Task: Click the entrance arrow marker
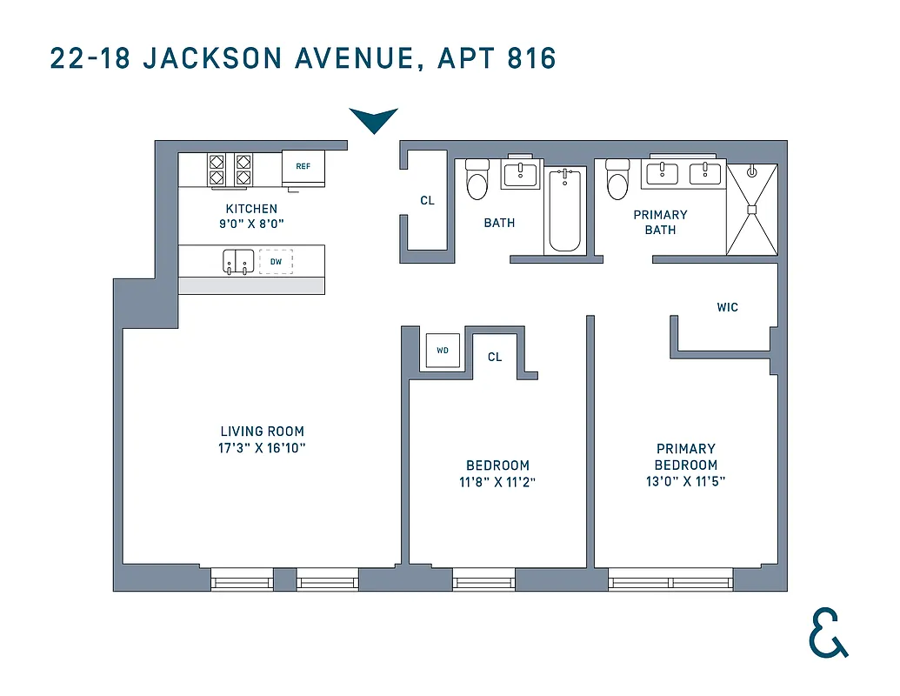coord(373,120)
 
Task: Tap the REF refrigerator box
coord(303,167)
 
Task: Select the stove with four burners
coord(229,171)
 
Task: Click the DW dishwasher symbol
coord(276,261)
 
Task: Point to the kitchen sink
coord(237,261)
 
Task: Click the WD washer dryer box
coord(443,351)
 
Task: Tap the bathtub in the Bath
coord(565,210)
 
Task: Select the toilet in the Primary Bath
coord(617,180)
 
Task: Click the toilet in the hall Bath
coord(477,180)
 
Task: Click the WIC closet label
coord(727,307)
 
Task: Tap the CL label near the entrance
coord(427,201)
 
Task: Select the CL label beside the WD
coord(495,357)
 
